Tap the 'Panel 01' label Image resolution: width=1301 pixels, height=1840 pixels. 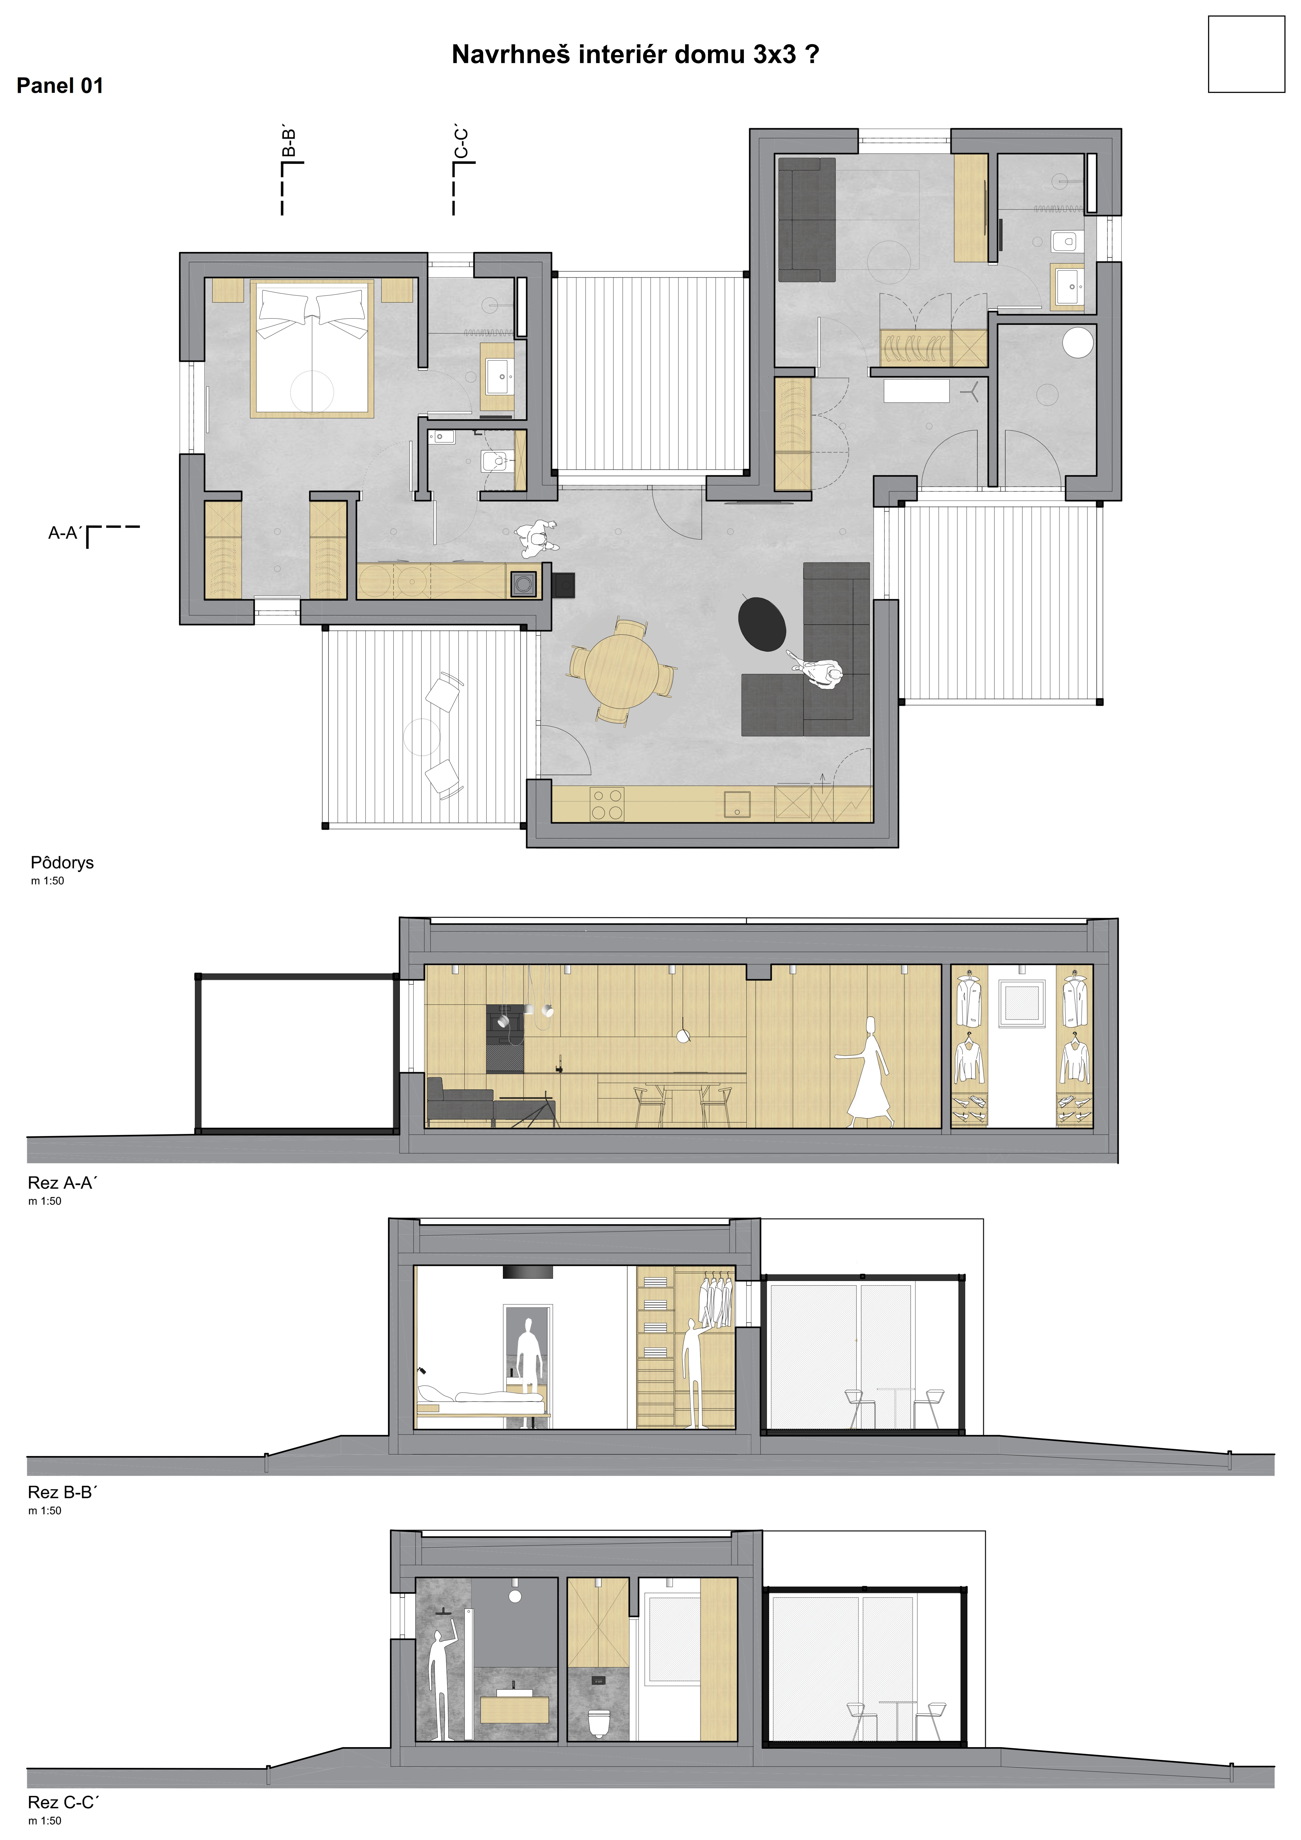[60, 86]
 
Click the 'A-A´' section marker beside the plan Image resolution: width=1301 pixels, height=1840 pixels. [65, 533]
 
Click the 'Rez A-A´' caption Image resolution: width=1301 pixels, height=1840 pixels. [62, 1183]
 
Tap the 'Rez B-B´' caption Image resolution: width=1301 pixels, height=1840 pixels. [62, 1492]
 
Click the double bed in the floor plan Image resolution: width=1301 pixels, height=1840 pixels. [312, 349]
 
